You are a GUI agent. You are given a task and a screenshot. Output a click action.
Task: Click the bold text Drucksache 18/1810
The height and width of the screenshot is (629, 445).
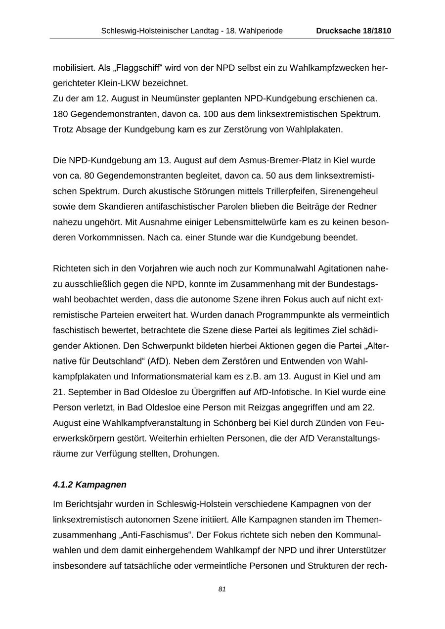click(354, 31)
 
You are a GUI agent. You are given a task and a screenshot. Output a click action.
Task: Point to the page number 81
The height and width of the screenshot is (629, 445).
click(222, 589)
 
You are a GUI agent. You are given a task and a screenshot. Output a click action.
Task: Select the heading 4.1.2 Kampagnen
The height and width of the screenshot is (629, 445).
click(89, 485)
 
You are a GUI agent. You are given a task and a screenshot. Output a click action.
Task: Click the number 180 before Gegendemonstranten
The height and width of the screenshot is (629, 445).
click(60, 114)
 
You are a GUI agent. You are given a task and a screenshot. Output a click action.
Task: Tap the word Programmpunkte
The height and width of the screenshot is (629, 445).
click(276, 314)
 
